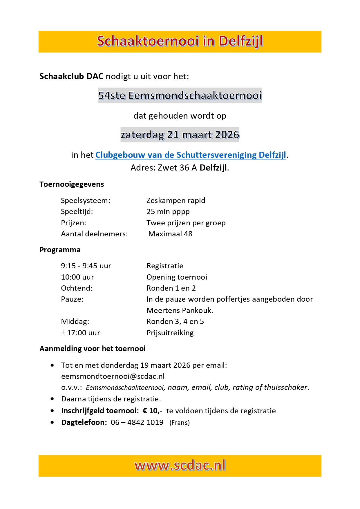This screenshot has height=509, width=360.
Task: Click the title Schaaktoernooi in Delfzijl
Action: click(180, 41)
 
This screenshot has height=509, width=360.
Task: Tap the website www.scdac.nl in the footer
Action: click(180, 465)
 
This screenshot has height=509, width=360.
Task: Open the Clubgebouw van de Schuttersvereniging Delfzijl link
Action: click(191, 155)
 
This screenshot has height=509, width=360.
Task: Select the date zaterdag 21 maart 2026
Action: click(180, 135)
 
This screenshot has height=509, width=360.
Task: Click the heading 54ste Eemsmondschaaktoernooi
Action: click(180, 95)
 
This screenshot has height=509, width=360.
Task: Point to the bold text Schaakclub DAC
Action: click(71, 76)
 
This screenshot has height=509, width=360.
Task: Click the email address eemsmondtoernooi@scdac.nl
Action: click(113, 376)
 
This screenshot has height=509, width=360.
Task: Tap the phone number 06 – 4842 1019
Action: click(137, 422)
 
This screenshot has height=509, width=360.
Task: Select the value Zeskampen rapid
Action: click(176, 200)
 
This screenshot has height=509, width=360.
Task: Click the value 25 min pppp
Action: click(168, 211)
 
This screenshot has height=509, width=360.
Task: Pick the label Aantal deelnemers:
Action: click(94, 234)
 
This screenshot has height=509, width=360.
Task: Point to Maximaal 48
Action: click(170, 234)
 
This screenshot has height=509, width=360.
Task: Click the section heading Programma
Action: click(60, 250)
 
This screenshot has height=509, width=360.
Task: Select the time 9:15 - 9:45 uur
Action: click(86, 266)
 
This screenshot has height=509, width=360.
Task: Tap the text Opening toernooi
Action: click(177, 277)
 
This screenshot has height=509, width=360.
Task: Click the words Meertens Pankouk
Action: click(180, 310)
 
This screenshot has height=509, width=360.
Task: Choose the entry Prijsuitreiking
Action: click(170, 333)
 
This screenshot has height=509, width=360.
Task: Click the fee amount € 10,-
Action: click(152, 411)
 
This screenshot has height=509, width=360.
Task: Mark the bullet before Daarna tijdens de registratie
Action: click(52, 399)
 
